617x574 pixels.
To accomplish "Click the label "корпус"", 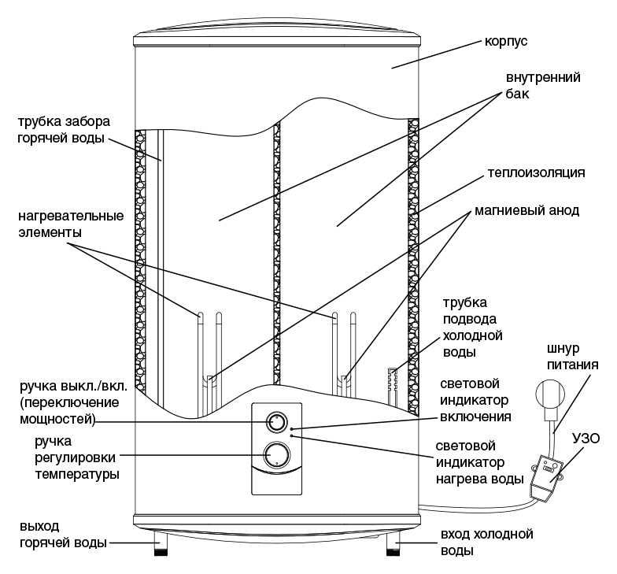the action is tap(505, 42).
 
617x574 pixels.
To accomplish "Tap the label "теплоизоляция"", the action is tap(537, 173).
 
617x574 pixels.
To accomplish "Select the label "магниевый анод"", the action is tap(527, 211).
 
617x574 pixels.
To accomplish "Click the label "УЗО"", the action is tap(586, 439).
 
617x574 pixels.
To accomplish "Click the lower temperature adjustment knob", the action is tap(277, 455).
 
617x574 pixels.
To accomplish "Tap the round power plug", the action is tap(549, 393).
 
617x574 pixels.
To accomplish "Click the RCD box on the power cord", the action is tap(546, 479).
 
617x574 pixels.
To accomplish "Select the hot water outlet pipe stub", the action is tap(161, 543).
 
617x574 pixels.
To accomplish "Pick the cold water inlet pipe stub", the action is tap(393, 543).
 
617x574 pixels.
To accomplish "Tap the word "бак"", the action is tap(518, 94).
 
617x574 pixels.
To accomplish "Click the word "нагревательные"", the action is tap(71, 216).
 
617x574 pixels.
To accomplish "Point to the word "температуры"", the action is tap(77, 474).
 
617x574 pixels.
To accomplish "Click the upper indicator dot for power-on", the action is tap(291, 428).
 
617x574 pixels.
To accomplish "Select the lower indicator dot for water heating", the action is tap(291, 435).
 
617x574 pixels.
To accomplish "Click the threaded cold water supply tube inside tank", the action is tap(393, 386).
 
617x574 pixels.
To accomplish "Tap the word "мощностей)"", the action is tap(57, 419).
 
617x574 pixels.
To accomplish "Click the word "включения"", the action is tap(475, 417).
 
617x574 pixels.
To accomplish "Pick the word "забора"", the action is tap(88, 121).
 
